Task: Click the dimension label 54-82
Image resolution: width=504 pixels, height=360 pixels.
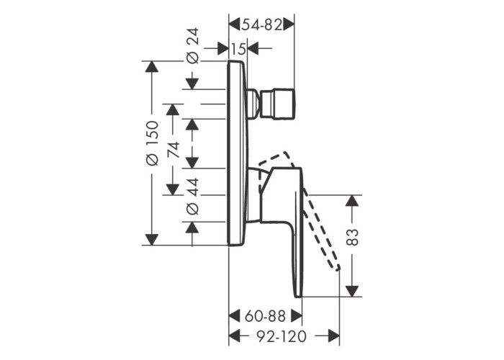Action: tap(261, 24)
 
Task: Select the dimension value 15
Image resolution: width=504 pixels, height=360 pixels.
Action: tap(238, 49)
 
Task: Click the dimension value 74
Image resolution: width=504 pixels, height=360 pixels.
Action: tap(173, 149)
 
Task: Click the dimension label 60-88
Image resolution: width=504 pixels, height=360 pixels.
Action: tap(265, 316)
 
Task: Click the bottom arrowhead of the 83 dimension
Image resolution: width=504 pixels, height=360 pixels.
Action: tap(352, 291)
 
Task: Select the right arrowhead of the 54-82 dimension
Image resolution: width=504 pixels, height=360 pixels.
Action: tap(289, 24)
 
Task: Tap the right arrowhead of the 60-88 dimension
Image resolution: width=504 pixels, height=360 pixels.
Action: tap(296, 316)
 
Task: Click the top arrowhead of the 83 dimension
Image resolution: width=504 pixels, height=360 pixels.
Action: tap(352, 199)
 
